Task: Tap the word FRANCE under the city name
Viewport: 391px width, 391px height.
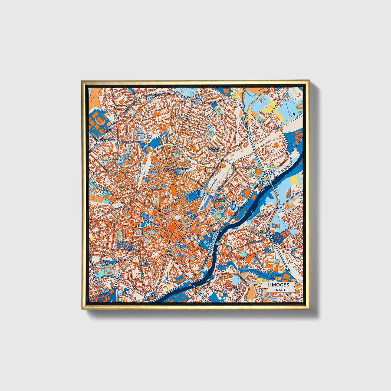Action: point(281,290)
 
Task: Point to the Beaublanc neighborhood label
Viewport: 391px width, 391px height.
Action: point(109,140)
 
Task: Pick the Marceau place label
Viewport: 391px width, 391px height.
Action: point(183,169)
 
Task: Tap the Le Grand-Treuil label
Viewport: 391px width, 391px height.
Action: point(214,149)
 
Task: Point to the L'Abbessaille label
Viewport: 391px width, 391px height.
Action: point(214,231)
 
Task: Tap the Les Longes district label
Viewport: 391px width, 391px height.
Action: point(262,232)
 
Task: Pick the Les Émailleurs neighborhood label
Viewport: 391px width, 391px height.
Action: point(127,247)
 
